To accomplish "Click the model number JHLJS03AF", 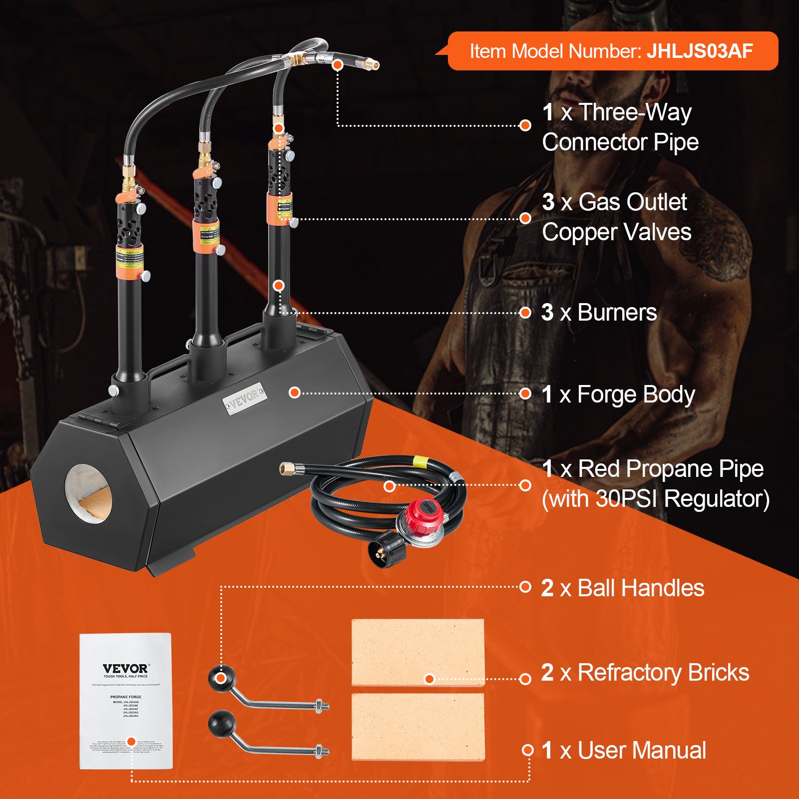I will pyautogui.click(x=700, y=51).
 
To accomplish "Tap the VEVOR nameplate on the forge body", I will pyautogui.click(x=244, y=398).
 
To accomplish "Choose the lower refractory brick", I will pyautogui.click(x=417, y=727).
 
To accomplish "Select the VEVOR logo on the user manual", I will pyautogui.click(x=125, y=668).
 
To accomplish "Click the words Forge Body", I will pyautogui.click(x=636, y=395).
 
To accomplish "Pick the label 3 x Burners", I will pyautogui.click(x=599, y=313).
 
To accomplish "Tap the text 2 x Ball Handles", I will pyautogui.click(x=622, y=588).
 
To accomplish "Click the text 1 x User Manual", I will pyautogui.click(x=624, y=751).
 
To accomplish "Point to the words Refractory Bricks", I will pyautogui.click(x=663, y=673).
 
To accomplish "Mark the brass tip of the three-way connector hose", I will pyautogui.click(x=372, y=64).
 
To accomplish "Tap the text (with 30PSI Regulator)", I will pyautogui.click(x=655, y=499).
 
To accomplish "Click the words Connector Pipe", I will pyautogui.click(x=620, y=142).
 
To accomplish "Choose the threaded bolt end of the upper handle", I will pyautogui.click(x=322, y=706).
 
